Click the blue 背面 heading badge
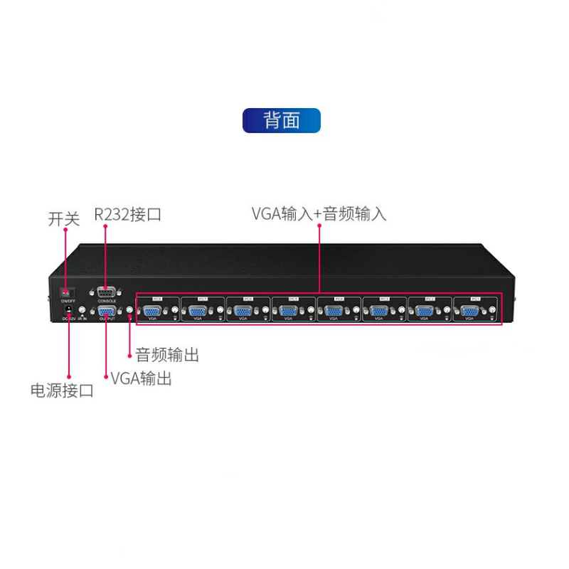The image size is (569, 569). click(x=282, y=120)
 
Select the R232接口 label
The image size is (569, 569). click(x=128, y=214)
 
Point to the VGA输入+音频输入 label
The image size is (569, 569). click(x=319, y=213)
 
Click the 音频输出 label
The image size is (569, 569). click(x=167, y=355)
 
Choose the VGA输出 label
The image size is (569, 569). click(x=142, y=378)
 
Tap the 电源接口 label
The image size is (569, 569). click(x=62, y=390)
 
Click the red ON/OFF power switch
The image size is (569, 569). click(x=65, y=292)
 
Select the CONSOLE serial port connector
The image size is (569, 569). click(x=107, y=290)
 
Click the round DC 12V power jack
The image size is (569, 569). click(x=69, y=310)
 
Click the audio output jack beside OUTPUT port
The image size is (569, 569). click(x=129, y=311)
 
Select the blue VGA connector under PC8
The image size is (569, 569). click(x=151, y=311)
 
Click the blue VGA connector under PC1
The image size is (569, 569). click(x=469, y=311)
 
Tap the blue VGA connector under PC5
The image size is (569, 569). click(x=288, y=311)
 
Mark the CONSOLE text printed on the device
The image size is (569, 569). click(x=107, y=302)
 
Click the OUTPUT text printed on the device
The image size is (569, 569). click(x=107, y=321)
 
